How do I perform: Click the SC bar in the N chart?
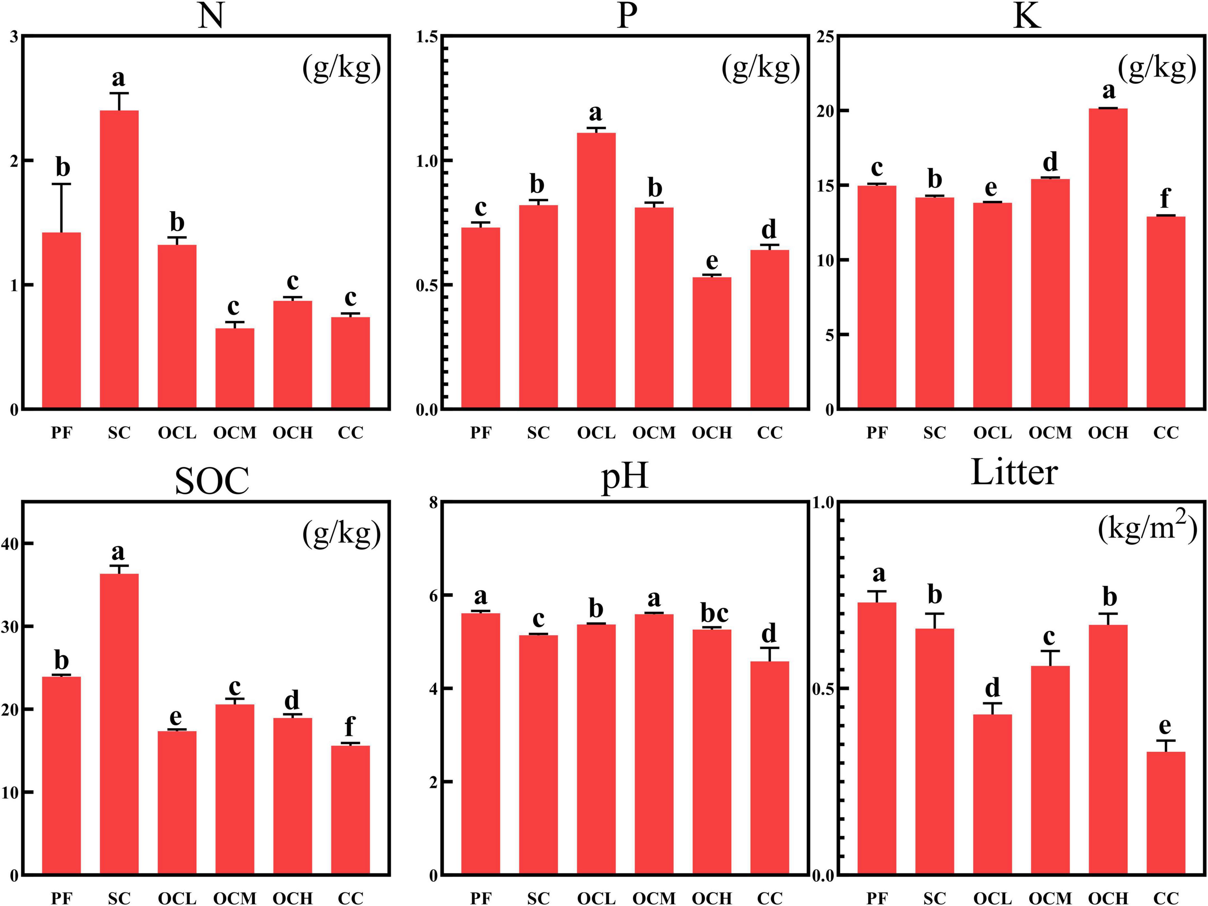click(x=119, y=259)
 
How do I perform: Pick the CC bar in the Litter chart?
click(x=1166, y=813)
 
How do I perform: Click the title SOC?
click(x=212, y=481)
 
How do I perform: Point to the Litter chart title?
click(x=1014, y=473)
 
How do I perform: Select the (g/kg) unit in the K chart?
click(x=1157, y=69)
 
